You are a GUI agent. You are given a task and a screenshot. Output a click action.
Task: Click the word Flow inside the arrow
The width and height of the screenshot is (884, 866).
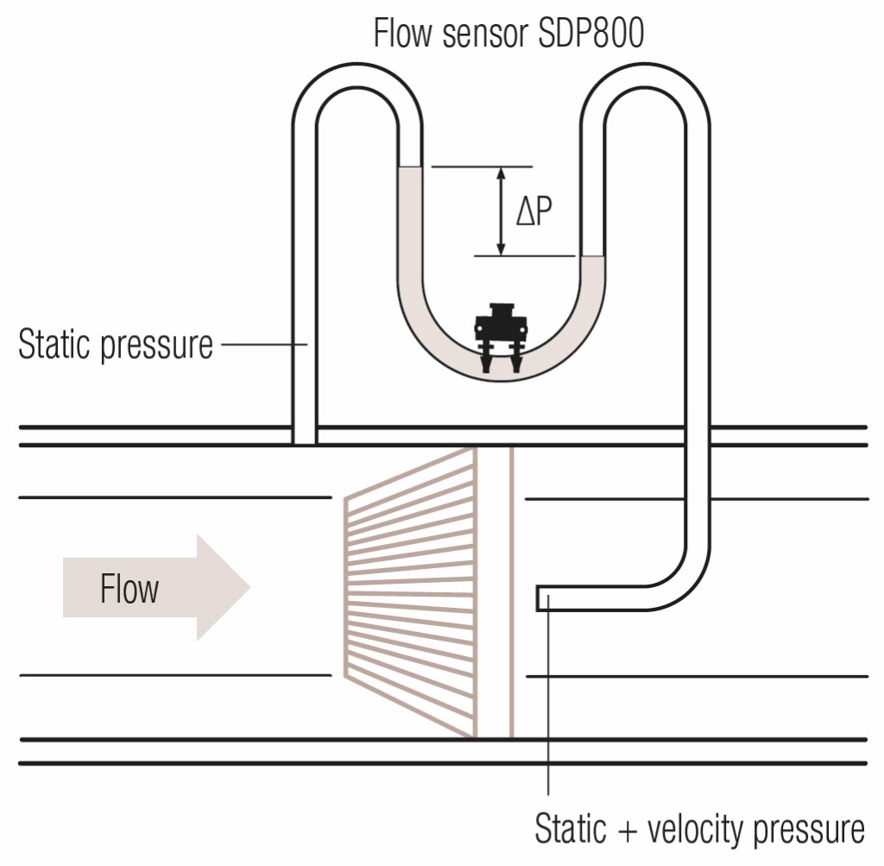pos(129,590)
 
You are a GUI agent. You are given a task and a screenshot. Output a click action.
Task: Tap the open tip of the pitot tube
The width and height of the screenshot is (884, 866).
pos(539,597)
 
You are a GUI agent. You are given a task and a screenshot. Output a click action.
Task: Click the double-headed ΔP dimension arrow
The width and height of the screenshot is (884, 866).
pos(500,211)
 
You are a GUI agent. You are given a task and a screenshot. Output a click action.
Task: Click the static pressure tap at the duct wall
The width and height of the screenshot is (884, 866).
pos(305,434)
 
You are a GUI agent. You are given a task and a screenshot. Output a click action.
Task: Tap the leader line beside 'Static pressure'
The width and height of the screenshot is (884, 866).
pos(262,345)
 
